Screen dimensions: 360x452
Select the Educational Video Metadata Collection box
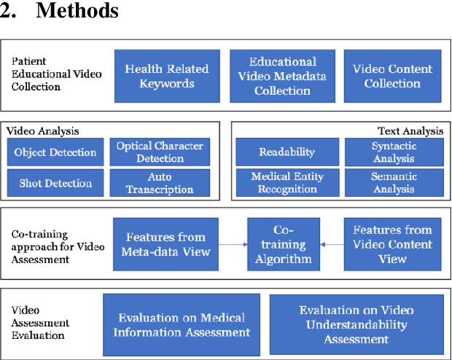coord(282,76)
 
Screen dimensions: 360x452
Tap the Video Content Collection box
coord(392,76)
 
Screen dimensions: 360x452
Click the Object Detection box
coord(55,152)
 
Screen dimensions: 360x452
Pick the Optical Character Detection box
coord(160,152)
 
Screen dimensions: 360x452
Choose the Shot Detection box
coord(55,183)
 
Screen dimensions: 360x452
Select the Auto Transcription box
coord(160,183)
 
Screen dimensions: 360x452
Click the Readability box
coord(287,152)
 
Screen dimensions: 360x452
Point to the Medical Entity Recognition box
coord(287,183)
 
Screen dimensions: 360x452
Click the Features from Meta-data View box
coord(166,244)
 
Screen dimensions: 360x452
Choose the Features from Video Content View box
coord(392,244)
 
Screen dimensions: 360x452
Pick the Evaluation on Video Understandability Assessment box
coord(355,324)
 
